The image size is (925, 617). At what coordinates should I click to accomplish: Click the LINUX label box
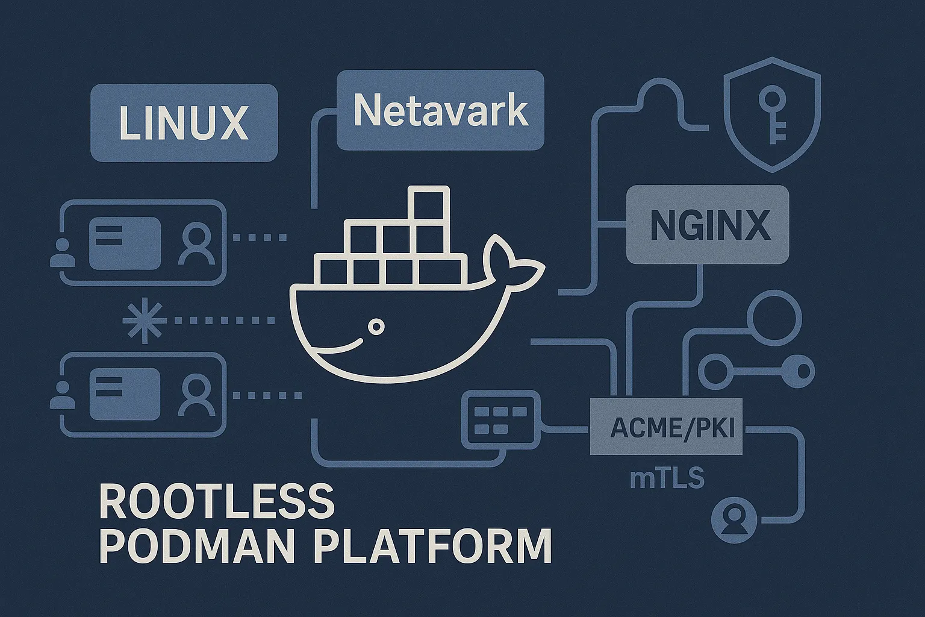click(x=184, y=123)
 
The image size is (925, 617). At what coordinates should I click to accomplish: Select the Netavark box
click(x=440, y=110)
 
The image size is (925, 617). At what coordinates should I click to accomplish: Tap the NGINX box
click(x=708, y=225)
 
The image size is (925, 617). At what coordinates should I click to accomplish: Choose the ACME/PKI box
click(x=665, y=427)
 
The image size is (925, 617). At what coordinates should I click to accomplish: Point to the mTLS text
click(x=667, y=478)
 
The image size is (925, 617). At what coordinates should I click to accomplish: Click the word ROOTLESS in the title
click(x=217, y=501)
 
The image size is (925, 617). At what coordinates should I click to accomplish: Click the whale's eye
click(x=376, y=327)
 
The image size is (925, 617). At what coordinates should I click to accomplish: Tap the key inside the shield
click(x=773, y=114)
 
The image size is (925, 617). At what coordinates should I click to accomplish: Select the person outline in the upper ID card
click(x=197, y=244)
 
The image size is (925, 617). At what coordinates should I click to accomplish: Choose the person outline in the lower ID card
click(x=197, y=395)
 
